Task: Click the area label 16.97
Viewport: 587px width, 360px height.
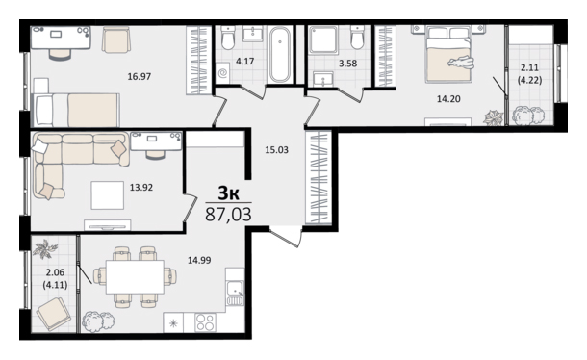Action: point(140,77)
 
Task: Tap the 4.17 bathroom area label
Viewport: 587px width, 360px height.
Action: point(244,61)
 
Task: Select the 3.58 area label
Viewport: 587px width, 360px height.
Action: point(347,64)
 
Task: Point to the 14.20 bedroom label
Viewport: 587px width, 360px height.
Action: point(448,99)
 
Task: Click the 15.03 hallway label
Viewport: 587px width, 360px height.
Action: point(276,150)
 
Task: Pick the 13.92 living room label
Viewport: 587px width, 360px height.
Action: point(141,187)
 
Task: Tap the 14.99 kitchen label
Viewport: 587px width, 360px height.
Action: point(199,260)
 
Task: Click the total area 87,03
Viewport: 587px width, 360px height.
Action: point(228,215)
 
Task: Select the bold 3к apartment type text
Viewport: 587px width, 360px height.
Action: point(229,193)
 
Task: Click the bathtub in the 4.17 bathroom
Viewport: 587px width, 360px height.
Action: point(280,55)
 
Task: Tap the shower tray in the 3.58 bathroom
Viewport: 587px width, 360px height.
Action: point(322,39)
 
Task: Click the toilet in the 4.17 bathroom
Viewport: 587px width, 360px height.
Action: point(228,38)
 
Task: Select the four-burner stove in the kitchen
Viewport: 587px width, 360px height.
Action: point(205,322)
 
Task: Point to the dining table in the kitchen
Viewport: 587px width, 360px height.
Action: point(135,277)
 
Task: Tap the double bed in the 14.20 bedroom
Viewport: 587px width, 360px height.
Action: point(447,54)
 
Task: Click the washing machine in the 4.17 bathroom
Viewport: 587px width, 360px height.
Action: point(223,73)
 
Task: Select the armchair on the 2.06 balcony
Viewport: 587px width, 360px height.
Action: point(54,315)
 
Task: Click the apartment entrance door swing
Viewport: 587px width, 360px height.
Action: point(286,237)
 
